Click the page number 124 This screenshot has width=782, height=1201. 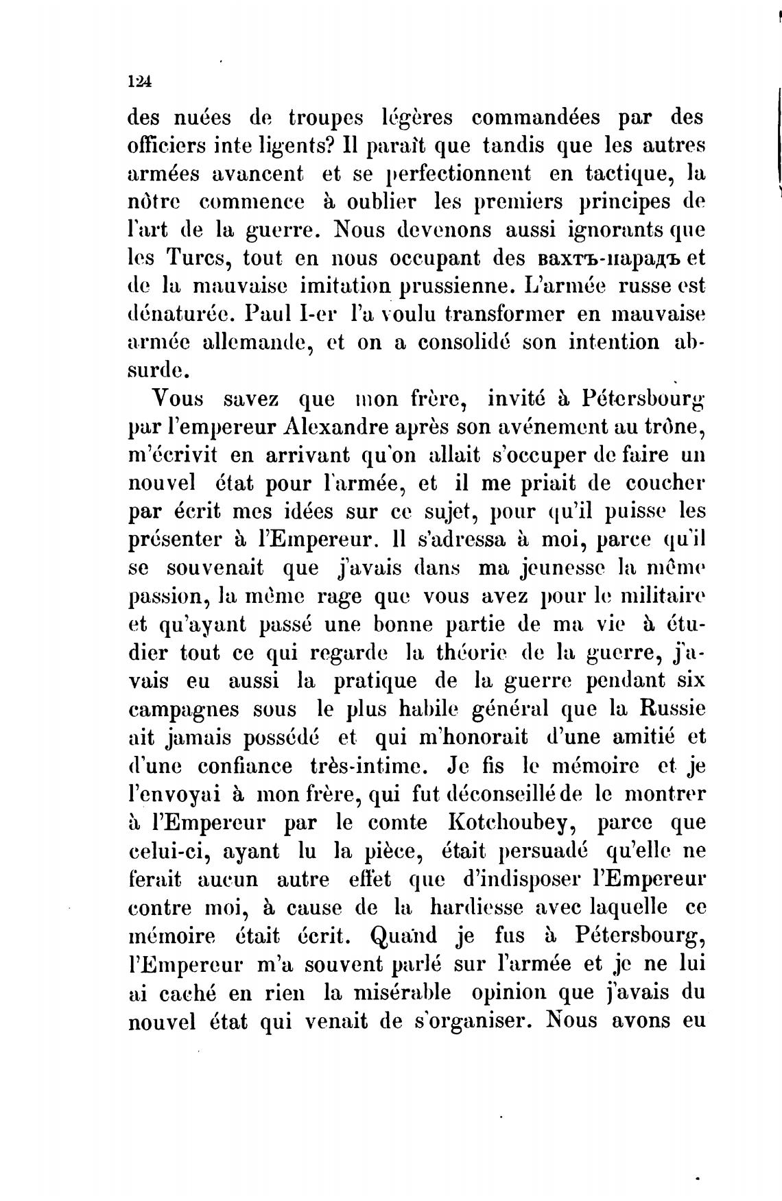pos(139,81)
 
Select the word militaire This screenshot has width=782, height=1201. pos(659,595)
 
